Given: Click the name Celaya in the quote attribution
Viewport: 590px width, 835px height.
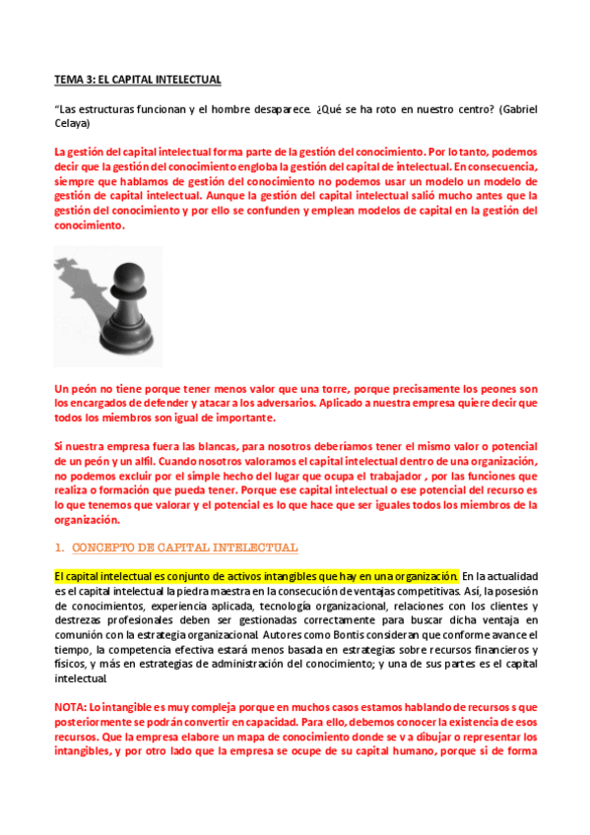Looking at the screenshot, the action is pos(73,123).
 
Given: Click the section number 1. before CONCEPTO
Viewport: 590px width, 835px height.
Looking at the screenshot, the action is pos(59,547).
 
